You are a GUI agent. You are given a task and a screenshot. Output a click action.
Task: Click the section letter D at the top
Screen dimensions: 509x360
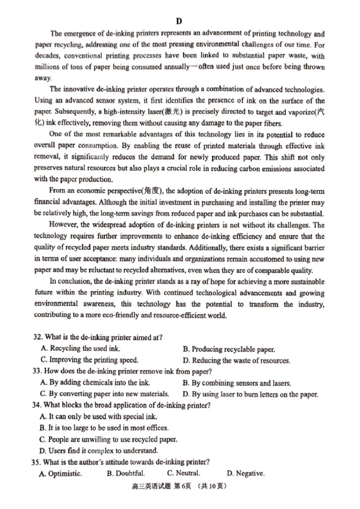[x=179, y=21]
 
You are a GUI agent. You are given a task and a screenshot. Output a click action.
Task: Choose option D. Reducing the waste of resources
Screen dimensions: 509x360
[x=236, y=360]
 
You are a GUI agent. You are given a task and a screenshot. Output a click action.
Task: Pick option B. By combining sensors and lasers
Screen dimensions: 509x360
[x=237, y=383]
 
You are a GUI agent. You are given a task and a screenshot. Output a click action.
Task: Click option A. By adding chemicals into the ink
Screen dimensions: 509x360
[x=95, y=383]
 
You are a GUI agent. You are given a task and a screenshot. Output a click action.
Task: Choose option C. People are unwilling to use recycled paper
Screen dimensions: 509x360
[x=108, y=439]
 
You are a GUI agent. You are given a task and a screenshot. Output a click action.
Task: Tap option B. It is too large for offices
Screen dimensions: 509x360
[x=103, y=428]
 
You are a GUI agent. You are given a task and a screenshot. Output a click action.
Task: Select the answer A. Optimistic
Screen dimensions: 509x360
[x=61, y=473]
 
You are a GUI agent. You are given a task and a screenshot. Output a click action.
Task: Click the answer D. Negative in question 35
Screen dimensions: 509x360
[x=246, y=473]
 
